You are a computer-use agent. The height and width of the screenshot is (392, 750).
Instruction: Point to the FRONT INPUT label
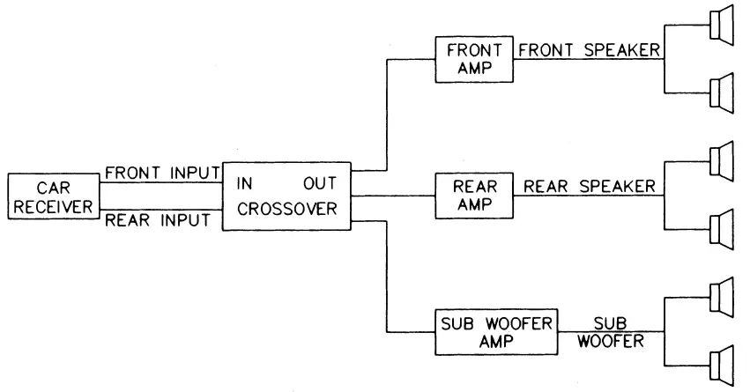[155, 173]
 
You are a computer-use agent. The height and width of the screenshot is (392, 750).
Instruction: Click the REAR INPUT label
[157, 220]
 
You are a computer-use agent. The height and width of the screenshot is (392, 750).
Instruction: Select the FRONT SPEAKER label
[589, 50]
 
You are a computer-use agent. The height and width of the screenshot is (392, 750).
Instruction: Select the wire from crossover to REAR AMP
[393, 196]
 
